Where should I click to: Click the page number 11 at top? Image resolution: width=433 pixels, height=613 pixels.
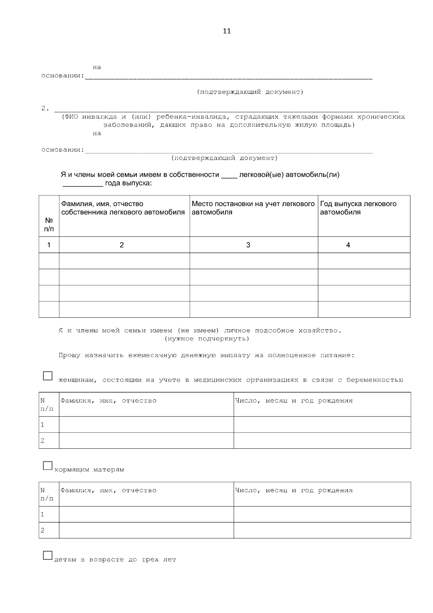click(x=227, y=31)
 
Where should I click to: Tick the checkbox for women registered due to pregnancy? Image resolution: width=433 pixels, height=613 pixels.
click(x=48, y=376)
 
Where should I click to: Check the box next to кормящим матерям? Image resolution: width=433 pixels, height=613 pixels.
click(x=48, y=466)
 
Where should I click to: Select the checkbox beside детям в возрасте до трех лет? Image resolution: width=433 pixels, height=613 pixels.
click(x=48, y=555)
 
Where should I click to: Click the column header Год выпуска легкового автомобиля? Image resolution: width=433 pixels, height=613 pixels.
click(x=358, y=208)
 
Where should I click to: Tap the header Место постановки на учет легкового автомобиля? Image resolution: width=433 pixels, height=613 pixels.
click(x=253, y=208)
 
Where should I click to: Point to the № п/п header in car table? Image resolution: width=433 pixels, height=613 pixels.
click(x=49, y=224)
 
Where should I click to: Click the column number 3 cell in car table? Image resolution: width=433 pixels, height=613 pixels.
click(x=248, y=245)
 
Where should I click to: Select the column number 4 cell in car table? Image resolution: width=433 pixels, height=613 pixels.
click(x=348, y=245)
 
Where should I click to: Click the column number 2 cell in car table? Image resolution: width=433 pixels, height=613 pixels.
click(x=122, y=245)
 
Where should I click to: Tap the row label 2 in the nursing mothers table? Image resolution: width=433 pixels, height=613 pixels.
click(x=43, y=530)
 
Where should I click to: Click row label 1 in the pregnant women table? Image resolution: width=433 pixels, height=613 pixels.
click(x=43, y=425)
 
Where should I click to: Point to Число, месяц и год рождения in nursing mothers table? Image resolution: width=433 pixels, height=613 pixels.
click(x=294, y=490)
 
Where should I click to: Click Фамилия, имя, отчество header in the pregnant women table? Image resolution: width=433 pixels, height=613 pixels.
click(x=108, y=401)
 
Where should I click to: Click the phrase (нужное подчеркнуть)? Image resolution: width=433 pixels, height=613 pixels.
click(x=207, y=339)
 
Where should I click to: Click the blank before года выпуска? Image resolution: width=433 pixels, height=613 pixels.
click(x=83, y=184)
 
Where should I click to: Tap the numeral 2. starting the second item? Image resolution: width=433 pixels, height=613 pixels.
click(x=45, y=108)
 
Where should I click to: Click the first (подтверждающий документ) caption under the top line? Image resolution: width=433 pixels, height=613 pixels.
click(x=250, y=92)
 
